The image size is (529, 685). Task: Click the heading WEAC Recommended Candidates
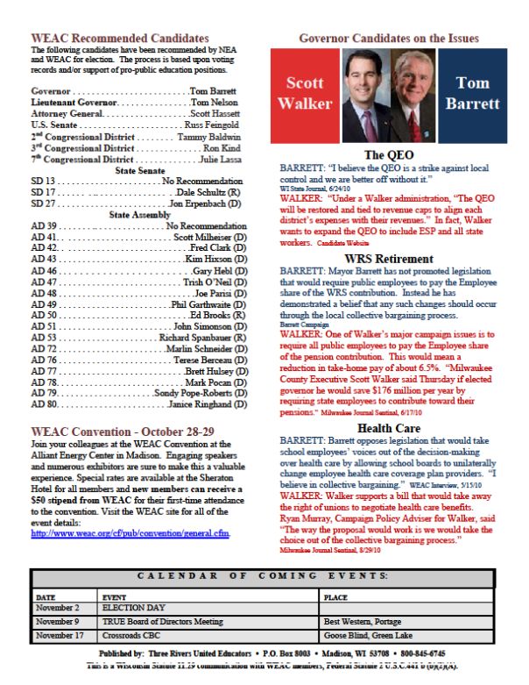point(119,39)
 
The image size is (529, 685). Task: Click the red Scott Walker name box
point(309,94)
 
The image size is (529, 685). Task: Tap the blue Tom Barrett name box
point(477,94)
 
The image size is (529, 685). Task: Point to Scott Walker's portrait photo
point(363,94)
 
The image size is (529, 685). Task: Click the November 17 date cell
point(59,635)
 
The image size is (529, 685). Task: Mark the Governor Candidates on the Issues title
point(389,39)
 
